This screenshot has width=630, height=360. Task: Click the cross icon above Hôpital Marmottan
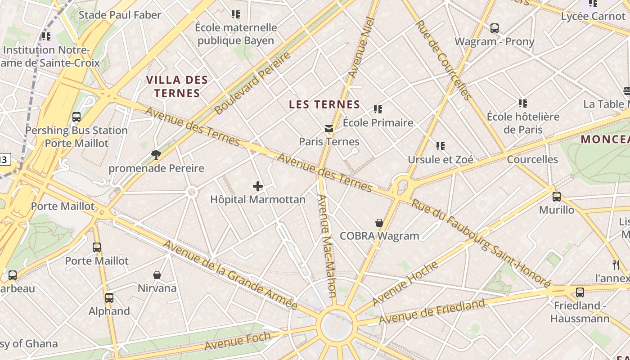258,186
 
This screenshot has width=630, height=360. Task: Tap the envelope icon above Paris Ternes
329,129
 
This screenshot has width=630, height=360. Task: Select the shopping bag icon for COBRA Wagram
379,223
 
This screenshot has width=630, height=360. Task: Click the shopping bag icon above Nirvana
157,275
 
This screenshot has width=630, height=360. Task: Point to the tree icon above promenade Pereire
156,155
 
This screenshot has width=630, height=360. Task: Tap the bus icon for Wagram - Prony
495,28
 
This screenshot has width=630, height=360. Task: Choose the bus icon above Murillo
557,197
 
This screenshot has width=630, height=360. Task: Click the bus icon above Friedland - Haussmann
580,292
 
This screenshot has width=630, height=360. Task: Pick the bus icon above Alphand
109,298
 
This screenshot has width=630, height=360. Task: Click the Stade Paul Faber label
120,15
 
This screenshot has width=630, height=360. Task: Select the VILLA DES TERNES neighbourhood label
177,87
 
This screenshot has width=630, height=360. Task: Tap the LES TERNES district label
324,105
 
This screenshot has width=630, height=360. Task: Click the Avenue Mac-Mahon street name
327,246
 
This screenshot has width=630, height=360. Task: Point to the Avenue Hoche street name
405,283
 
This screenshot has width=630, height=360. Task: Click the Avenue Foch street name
238,341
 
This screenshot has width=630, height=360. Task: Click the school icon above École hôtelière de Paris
522,103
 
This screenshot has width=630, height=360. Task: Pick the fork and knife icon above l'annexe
616,265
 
